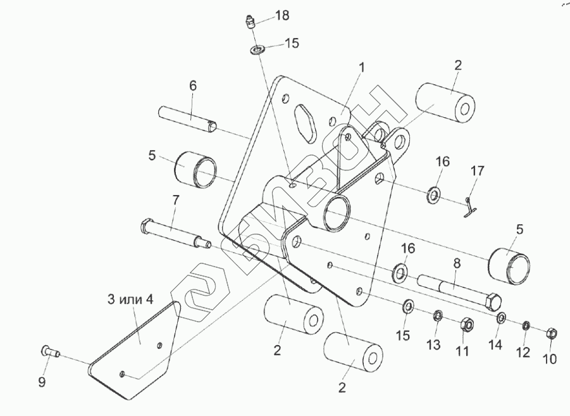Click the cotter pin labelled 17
coord(469,206)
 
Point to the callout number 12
coord(523,353)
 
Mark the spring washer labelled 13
coord(437,316)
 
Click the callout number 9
coord(43,382)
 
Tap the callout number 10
coord(549,359)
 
